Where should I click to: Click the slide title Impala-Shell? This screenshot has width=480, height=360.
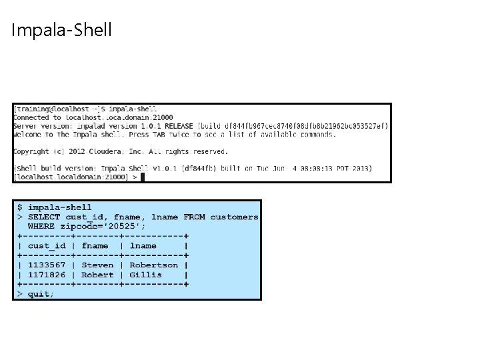point(61,30)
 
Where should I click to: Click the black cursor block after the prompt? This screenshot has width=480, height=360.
point(143,177)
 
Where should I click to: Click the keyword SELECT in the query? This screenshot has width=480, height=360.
point(44,217)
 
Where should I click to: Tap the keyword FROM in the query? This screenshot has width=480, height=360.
point(194,217)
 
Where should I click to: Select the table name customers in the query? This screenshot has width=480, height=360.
point(234,217)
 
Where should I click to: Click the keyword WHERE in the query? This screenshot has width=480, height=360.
point(41,226)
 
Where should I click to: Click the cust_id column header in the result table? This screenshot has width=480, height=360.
point(47,245)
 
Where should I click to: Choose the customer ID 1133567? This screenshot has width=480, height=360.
point(47,265)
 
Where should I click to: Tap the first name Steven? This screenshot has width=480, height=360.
point(97,265)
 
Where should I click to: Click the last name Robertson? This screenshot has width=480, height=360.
point(153,265)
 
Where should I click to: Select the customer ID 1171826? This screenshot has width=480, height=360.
point(47,274)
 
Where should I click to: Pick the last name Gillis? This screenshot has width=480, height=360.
point(145,274)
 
